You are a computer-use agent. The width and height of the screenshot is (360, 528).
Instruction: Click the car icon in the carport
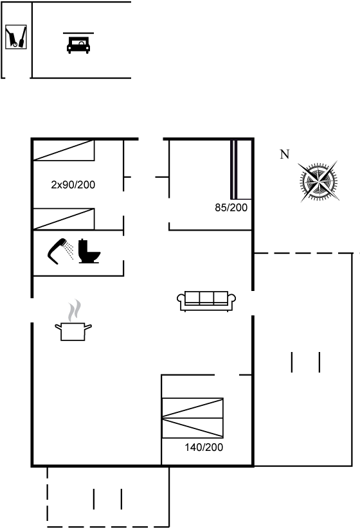(78, 45)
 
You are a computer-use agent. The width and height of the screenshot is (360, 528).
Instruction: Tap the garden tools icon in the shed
(16, 37)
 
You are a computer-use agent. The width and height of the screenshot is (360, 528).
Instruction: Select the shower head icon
(60, 251)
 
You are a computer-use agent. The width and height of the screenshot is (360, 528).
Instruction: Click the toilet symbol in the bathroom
(89, 251)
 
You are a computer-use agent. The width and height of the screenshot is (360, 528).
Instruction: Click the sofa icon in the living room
(206, 301)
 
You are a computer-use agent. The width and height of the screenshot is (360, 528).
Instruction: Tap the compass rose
(318, 182)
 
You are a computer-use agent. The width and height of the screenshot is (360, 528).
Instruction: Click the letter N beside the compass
(285, 154)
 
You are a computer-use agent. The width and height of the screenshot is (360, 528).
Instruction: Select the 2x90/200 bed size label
(73, 184)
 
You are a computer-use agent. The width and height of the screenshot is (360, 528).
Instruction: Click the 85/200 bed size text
(231, 207)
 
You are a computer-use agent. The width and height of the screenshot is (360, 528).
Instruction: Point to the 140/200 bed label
(204, 447)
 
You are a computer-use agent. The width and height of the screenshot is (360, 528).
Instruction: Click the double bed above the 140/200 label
(192, 418)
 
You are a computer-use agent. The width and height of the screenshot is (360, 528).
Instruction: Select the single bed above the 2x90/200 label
(64, 150)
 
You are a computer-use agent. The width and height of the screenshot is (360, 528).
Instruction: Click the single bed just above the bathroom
(64, 219)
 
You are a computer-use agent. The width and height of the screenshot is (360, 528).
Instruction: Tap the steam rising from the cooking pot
(75, 310)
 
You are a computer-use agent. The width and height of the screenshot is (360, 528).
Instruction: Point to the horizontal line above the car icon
(78, 33)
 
